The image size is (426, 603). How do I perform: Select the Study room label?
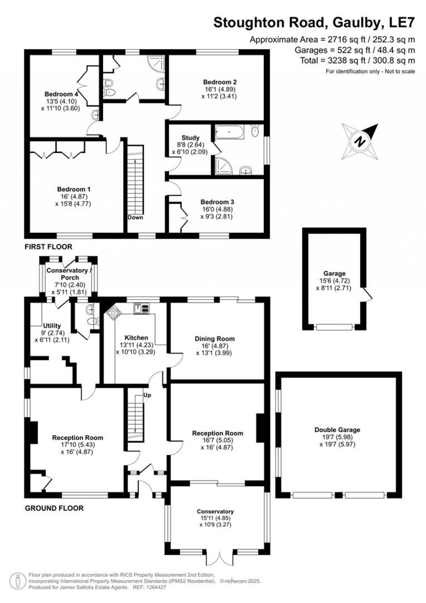pos(191,138)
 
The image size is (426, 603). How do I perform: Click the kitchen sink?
pos(141,308)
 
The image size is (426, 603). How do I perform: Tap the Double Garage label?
pos(337,430)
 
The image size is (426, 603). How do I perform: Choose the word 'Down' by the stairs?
pos(135,218)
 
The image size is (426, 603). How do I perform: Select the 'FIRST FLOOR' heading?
pos(48,247)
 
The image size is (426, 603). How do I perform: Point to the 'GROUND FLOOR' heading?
pos(54,508)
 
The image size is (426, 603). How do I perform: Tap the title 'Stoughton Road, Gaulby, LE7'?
pos(314,23)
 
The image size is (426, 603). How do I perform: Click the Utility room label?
pos(52,325)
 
